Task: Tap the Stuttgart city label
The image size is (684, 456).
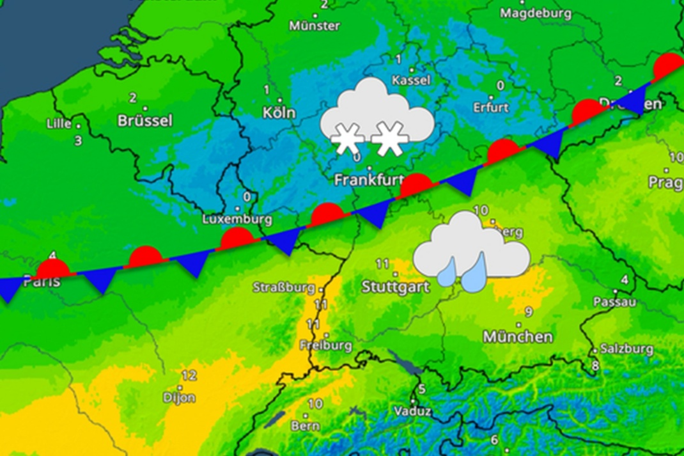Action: click(395, 287)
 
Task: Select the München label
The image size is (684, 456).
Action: click(518, 336)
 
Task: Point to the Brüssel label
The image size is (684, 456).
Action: click(145, 120)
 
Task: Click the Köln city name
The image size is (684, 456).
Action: click(279, 113)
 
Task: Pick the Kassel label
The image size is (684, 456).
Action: click(411, 81)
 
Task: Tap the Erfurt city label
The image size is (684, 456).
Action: click(490, 107)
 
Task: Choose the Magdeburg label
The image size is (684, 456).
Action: click(535, 13)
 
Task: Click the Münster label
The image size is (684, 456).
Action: click(315, 26)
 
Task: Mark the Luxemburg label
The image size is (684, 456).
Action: click(237, 219)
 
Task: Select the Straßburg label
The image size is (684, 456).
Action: click(283, 287)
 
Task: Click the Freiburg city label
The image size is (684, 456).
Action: click(326, 345)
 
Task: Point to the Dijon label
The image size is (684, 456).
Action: click(179, 397)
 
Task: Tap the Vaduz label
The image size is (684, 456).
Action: click(412, 411)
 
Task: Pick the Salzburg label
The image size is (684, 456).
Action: click(626, 349)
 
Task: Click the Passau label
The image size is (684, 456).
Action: click(614, 301)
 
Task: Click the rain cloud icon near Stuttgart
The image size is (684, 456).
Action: click(471, 253)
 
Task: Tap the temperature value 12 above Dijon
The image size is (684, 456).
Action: click(189, 375)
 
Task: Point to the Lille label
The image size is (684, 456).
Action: click(59, 123)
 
